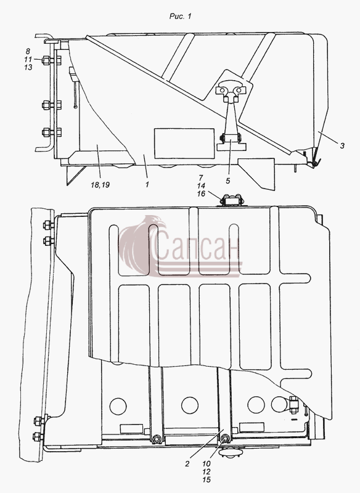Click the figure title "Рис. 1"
[x=180, y=17]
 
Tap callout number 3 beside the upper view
[x=342, y=145]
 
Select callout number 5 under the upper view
[x=228, y=181]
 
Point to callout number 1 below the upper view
[x=147, y=184]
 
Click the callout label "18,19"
[x=100, y=185]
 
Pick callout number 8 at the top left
[x=28, y=51]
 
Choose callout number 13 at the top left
[x=28, y=67]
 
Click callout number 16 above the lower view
[x=201, y=194]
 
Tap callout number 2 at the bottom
[x=187, y=463]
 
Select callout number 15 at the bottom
[x=207, y=480]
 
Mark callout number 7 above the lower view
[x=201, y=177]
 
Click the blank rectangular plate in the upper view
[x=184, y=144]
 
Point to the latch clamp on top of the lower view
[x=232, y=200]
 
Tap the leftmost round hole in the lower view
[x=118, y=405]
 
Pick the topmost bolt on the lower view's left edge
[x=48, y=225]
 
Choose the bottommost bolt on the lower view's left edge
[x=38, y=436]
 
